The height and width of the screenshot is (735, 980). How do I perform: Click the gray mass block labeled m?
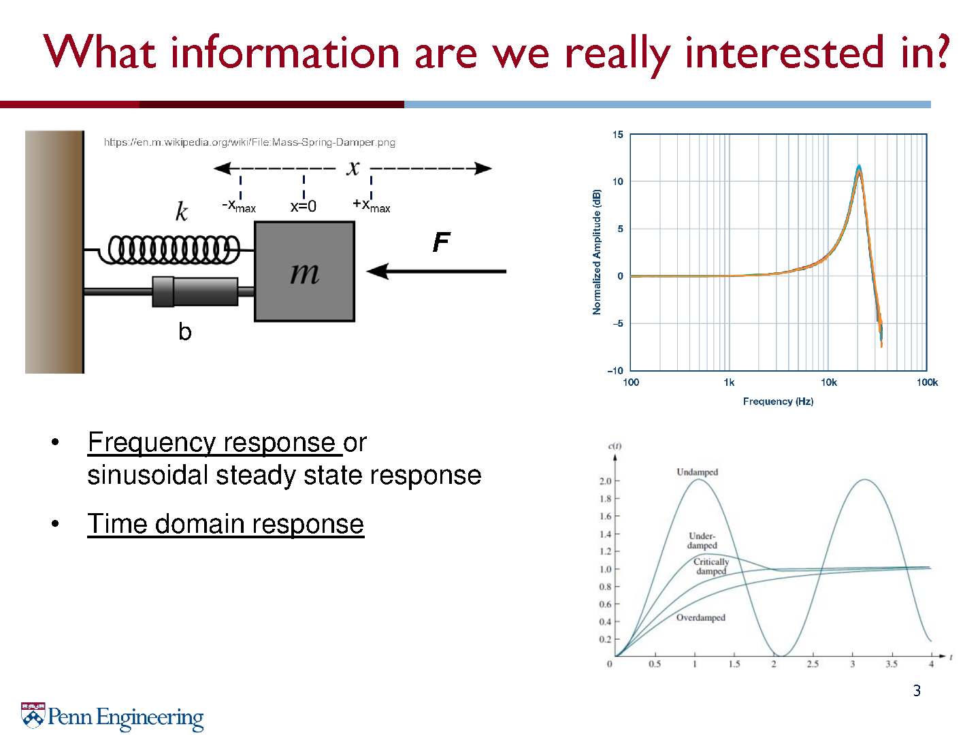304,271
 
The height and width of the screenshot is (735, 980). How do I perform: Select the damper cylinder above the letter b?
195,291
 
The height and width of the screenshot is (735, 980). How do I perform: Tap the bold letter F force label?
441,242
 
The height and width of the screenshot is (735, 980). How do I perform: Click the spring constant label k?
181,211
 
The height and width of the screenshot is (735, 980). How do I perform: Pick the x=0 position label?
303,206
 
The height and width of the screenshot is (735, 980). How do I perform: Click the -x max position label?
239,206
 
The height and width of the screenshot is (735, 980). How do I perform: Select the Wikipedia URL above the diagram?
250,142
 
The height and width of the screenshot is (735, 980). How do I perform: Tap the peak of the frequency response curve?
859,167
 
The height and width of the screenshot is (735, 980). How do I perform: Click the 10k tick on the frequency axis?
828,382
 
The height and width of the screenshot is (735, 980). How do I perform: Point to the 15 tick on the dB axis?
617,134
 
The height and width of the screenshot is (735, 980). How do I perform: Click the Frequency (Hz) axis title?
778,402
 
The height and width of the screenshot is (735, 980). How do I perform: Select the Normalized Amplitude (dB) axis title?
596,252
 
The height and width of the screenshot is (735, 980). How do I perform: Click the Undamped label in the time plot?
697,472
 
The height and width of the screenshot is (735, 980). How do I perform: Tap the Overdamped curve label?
700,618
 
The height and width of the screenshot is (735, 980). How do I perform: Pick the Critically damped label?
710,566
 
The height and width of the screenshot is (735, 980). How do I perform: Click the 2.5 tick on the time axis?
813,664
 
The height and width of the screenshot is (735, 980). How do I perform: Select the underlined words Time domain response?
225,524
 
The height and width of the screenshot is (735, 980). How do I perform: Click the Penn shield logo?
33,715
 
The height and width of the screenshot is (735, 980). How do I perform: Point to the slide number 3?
917,691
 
